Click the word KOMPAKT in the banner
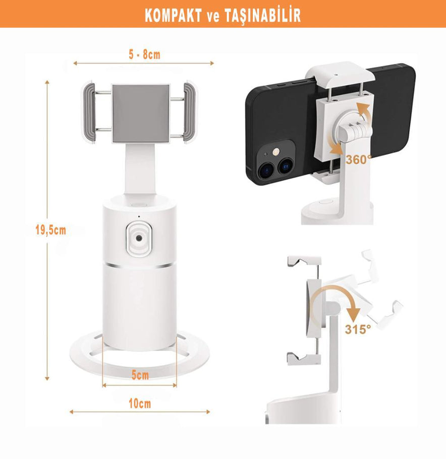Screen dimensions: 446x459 173,16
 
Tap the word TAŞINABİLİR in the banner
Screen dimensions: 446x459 263,16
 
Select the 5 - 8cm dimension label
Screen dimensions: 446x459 144,54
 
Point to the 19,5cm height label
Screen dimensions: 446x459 50,230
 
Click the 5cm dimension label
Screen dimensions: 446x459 140,375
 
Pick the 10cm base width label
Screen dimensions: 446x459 140,404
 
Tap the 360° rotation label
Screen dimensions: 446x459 358,160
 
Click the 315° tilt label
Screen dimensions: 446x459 358,329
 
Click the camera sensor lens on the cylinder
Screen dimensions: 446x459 139,238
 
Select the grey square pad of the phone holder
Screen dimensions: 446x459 141,113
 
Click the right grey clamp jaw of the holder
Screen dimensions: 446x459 190,112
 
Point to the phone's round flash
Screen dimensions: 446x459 275,151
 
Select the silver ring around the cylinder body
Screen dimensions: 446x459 140,265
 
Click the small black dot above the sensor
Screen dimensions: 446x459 139,216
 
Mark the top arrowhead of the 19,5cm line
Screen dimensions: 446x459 47,82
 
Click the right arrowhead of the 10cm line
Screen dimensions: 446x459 208,412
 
